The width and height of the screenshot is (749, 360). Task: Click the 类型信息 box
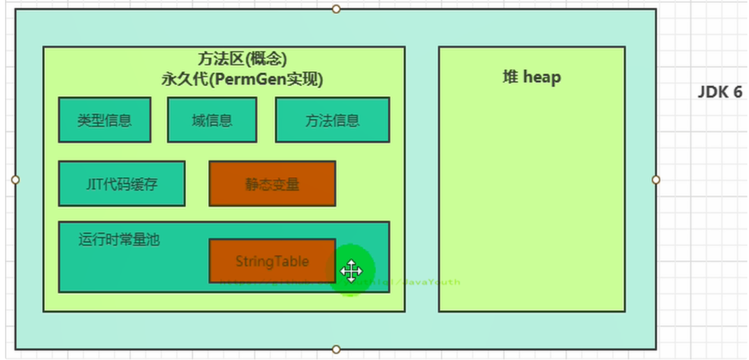[105, 120]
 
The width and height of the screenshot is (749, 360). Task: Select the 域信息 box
[212, 120]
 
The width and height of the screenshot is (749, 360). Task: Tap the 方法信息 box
[332, 120]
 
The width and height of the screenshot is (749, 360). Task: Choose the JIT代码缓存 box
[122, 184]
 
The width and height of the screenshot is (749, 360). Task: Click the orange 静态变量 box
[272, 184]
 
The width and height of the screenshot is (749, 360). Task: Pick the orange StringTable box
[272, 261]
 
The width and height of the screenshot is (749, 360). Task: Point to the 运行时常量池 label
[119, 240]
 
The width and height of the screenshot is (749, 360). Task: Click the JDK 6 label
[720, 92]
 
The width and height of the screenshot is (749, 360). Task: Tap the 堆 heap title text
[531, 77]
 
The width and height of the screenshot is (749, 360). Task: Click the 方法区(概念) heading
[242, 58]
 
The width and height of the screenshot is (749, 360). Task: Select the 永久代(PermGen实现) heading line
[242, 79]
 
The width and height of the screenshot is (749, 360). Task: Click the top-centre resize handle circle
[336, 9]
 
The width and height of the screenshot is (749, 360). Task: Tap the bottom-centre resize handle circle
[336, 349]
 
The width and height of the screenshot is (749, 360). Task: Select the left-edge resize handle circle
[16, 180]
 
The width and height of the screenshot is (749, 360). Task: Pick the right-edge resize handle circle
[656, 180]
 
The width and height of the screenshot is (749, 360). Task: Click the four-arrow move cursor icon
[351, 271]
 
